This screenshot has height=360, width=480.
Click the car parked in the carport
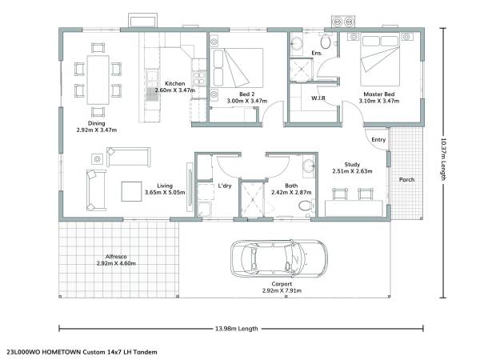coord(279,259)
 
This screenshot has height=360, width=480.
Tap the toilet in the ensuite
coord(326,42)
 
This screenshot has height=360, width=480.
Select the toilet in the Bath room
coord(306,205)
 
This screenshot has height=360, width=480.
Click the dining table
coord(98,80)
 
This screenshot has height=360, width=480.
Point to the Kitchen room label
coord(175,83)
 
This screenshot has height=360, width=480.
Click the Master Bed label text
coord(379,94)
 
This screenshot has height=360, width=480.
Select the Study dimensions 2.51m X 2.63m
coord(352,171)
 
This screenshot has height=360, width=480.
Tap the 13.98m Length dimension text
coord(237,329)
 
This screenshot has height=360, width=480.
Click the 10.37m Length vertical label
coord(443,159)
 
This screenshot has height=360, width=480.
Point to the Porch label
coord(406,180)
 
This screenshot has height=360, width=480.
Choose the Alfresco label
coord(116,257)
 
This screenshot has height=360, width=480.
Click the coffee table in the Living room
coord(132,192)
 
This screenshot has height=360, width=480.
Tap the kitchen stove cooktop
coord(198,78)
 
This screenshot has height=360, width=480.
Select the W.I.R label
coord(318,98)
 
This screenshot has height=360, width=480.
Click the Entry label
coord(378,139)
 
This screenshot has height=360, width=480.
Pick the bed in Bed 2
coord(237,68)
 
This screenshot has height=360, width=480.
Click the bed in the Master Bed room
coord(380,60)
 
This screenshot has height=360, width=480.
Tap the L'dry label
coord(225,186)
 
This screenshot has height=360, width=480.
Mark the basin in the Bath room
coord(309,166)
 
